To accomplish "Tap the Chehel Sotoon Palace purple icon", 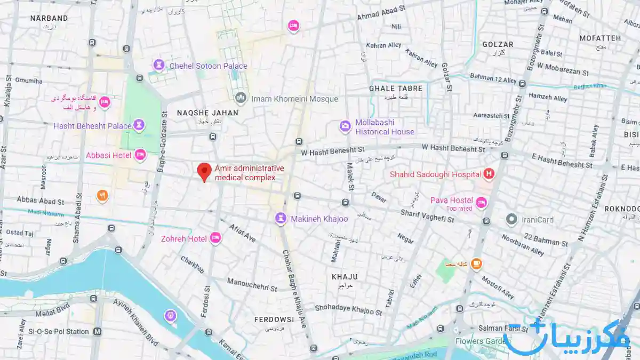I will click(159, 65).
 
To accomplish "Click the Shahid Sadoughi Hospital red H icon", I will click(488, 173).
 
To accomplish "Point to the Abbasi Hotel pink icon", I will click(140, 155).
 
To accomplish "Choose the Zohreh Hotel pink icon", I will click(215, 238).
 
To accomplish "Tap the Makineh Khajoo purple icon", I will click(281, 219).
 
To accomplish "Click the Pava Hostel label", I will click(452, 201).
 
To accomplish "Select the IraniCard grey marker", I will click(512, 219).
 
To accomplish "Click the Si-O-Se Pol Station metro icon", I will click(98, 331).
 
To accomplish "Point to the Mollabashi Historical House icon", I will click(346, 127).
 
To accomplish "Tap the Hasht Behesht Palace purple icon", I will click(139, 125).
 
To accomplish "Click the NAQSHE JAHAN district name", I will click(207, 113).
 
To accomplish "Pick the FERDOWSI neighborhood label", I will click(274, 319).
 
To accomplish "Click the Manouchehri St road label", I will click(252, 285).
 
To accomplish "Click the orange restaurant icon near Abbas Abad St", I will click(102, 196).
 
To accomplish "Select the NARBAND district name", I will click(49, 18).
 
